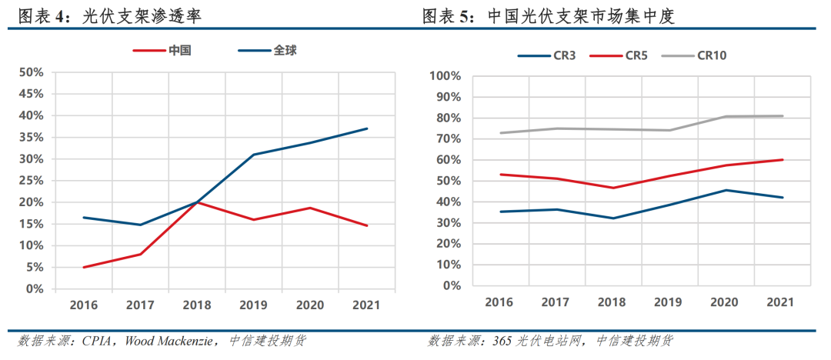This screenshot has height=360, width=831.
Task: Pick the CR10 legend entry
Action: coord(712,55)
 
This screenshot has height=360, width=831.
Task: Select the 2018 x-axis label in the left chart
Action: coord(197,305)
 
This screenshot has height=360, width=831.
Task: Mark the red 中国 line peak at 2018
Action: coord(197,202)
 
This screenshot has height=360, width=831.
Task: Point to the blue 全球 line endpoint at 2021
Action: coord(367,128)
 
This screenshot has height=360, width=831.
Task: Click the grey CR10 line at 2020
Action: coord(725,117)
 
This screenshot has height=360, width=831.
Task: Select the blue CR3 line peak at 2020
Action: coord(725,190)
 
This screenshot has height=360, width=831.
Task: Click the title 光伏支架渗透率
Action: coord(142,15)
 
